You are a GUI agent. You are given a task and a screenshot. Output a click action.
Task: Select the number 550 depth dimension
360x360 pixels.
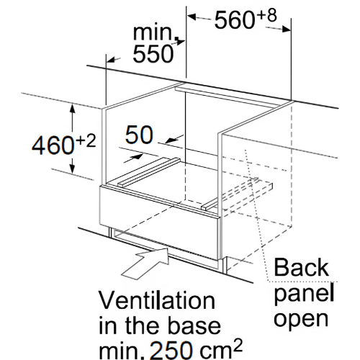coord(153,54)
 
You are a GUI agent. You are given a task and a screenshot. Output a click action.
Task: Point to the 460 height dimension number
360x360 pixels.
coord(53,145)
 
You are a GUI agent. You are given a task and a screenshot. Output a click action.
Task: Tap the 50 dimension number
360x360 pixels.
coord(139,135)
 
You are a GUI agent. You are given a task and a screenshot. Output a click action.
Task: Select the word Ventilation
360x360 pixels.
coord(157,300)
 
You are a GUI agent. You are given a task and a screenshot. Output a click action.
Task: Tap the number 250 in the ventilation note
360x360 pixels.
coord(172,351)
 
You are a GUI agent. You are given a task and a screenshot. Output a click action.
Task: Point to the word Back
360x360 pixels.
coord(302,267)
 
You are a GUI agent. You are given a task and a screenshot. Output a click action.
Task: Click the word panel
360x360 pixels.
coord(304,293)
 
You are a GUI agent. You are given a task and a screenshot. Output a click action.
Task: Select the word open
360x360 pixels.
coord(301,318)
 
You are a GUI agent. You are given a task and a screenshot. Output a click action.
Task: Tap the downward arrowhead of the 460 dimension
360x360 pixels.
coord(72,168)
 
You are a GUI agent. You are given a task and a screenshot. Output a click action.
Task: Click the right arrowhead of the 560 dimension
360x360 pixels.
coord(286,30)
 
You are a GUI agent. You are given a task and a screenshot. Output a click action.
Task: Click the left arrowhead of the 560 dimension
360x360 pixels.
coord(192,17)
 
